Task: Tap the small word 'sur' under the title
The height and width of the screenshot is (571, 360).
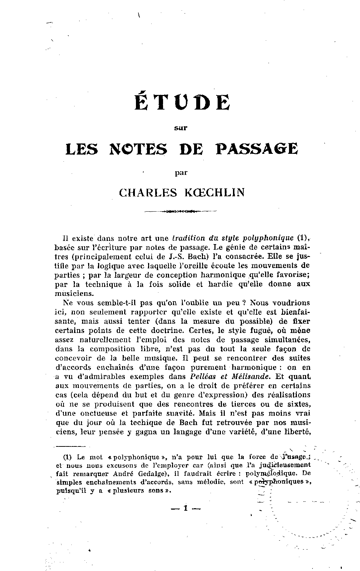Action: (x=182, y=128)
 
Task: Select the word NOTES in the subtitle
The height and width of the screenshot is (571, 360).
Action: (x=138, y=149)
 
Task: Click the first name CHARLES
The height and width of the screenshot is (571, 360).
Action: (x=148, y=193)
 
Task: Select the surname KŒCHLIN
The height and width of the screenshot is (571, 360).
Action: (x=214, y=193)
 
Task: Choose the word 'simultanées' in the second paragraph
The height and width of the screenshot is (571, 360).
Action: (x=280, y=339)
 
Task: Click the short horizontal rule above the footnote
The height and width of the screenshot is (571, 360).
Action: (x=70, y=446)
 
